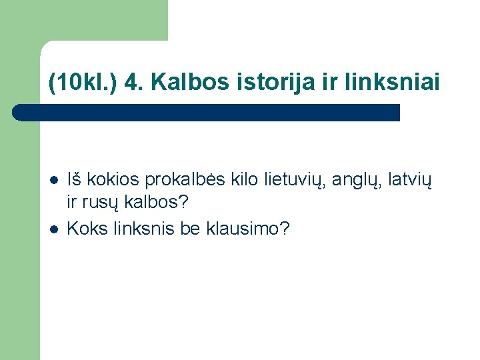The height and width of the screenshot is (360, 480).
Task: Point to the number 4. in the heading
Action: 132,83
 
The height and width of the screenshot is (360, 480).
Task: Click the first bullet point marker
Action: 53,180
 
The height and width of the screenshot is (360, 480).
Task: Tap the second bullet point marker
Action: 53,229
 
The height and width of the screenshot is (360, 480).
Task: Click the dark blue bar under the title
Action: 207,113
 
